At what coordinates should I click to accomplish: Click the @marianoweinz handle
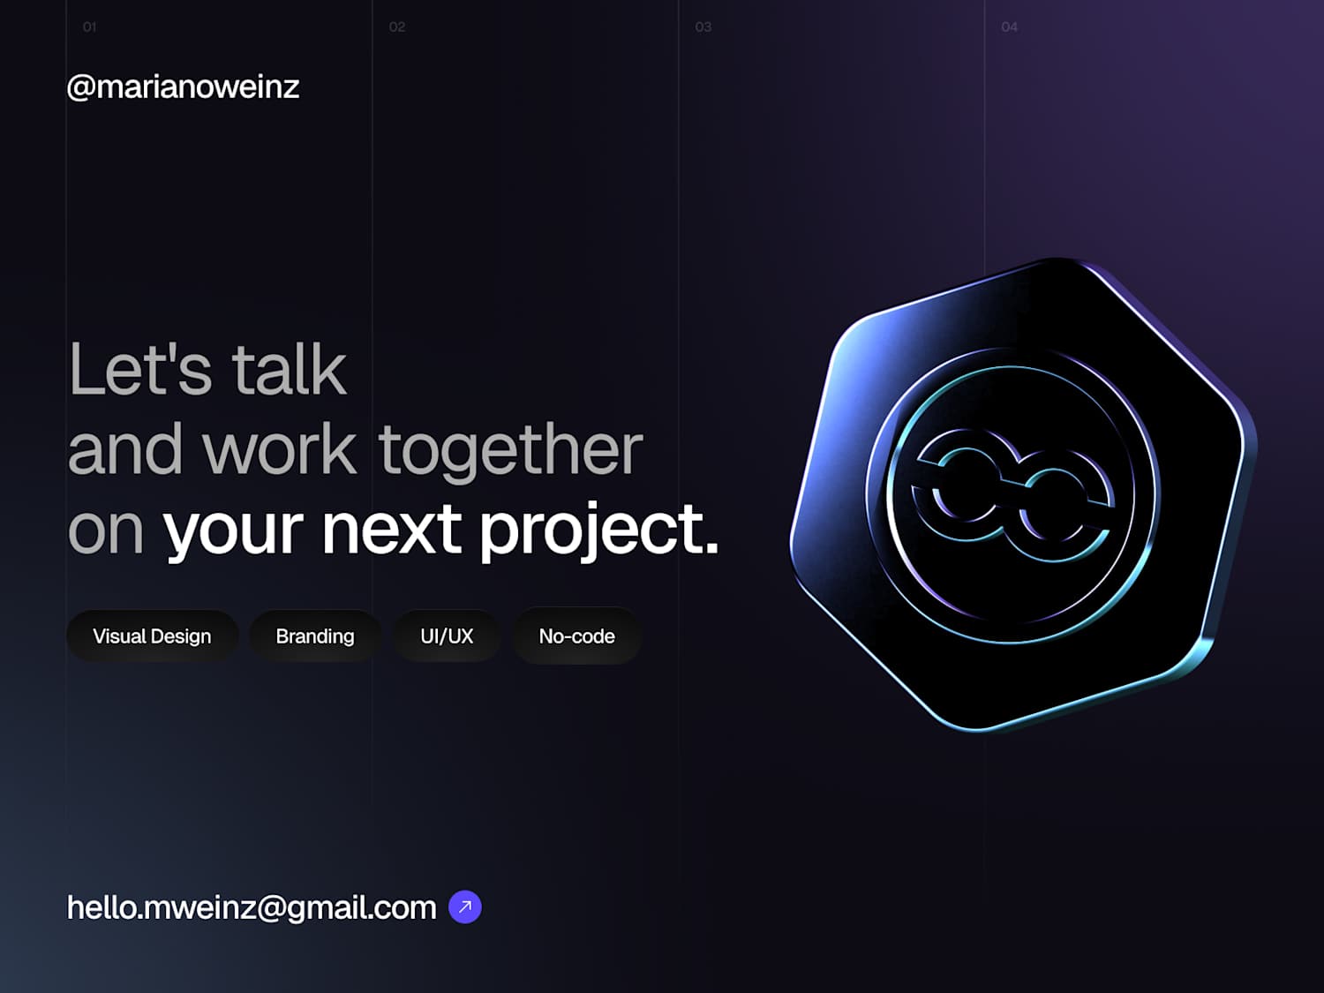(183, 87)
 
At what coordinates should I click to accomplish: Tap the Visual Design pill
(152, 636)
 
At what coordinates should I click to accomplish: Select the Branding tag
(315, 636)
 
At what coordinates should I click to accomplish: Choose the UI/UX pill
(447, 636)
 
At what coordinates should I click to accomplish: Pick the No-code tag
(576, 636)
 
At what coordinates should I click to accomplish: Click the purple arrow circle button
(465, 906)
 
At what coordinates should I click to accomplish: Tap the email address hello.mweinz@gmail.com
(252, 907)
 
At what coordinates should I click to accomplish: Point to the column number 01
(89, 27)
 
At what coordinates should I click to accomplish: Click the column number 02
(397, 27)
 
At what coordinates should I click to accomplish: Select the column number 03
(703, 27)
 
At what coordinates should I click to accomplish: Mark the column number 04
(1009, 27)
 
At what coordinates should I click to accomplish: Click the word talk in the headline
(289, 368)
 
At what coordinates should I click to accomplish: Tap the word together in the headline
(510, 452)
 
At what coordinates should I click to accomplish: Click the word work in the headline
(279, 448)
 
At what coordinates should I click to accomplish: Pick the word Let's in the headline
(140, 368)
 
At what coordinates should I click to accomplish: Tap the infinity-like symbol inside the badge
(1012, 493)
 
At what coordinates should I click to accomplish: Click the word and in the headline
(124, 448)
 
